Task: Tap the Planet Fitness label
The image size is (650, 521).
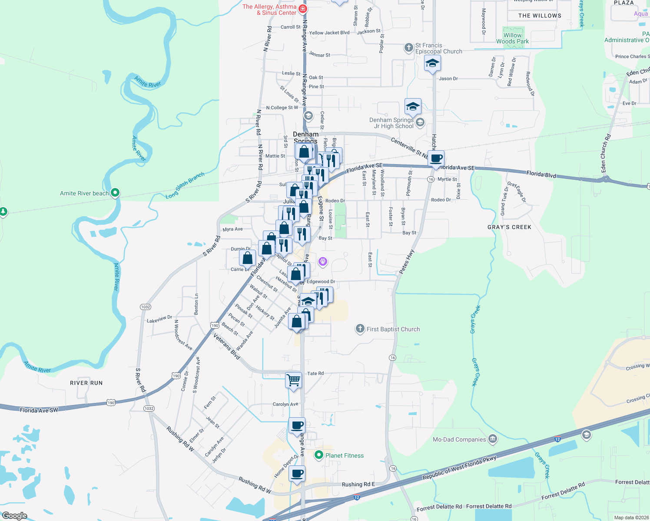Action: tap(345, 455)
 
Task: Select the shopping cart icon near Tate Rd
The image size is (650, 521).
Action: tap(294, 380)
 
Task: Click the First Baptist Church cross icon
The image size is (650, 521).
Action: tap(360, 329)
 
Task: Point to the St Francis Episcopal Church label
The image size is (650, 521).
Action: tap(438, 48)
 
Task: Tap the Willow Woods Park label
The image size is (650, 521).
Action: tap(513, 38)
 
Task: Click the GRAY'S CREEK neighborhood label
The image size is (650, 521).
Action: tap(509, 227)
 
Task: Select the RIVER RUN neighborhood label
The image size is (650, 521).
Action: tap(86, 383)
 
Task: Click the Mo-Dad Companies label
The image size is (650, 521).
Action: tap(459, 439)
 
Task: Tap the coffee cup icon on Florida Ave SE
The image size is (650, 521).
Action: tap(436, 159)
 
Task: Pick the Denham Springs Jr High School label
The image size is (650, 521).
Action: tap(391, 123)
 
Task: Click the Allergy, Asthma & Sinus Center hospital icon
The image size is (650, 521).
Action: tap(303, 9)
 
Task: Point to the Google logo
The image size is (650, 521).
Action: tap(14, 515)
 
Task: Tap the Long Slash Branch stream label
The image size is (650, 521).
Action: tap(185, 185)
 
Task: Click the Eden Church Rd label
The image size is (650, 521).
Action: tap(605, 153)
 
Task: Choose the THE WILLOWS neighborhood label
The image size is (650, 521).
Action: tap(540, 16)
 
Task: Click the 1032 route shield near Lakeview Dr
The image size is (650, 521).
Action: tap(146, 307)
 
